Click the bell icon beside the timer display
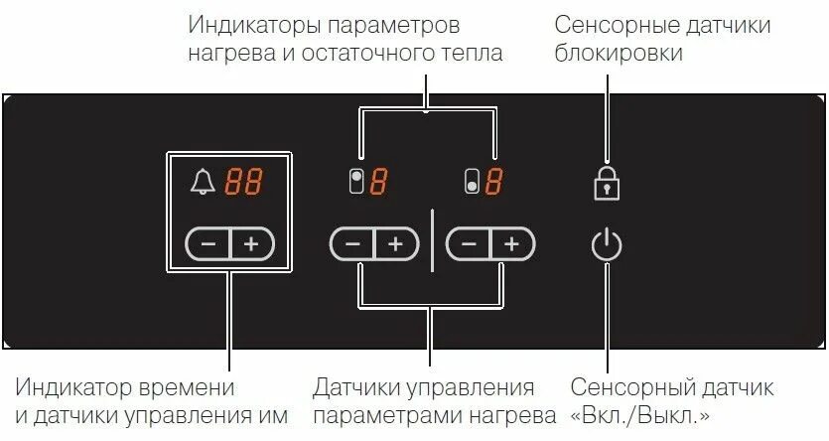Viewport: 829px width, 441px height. tap(204, 181)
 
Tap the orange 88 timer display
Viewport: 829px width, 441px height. tap(244, 182)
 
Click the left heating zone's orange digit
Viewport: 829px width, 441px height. tap(378, 183)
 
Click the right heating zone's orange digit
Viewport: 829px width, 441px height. tap(493, 183)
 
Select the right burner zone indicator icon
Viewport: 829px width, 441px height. tap(473, 183)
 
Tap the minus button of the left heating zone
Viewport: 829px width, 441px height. tap(351, 244)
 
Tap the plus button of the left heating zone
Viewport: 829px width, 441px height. tap(395, 244)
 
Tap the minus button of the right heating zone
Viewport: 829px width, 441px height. tap(468, 244)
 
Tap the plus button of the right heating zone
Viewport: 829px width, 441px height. tap(511, 244)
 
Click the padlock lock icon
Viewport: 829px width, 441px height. tap(607, 182)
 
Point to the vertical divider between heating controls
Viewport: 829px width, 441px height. tap(432, 240)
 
